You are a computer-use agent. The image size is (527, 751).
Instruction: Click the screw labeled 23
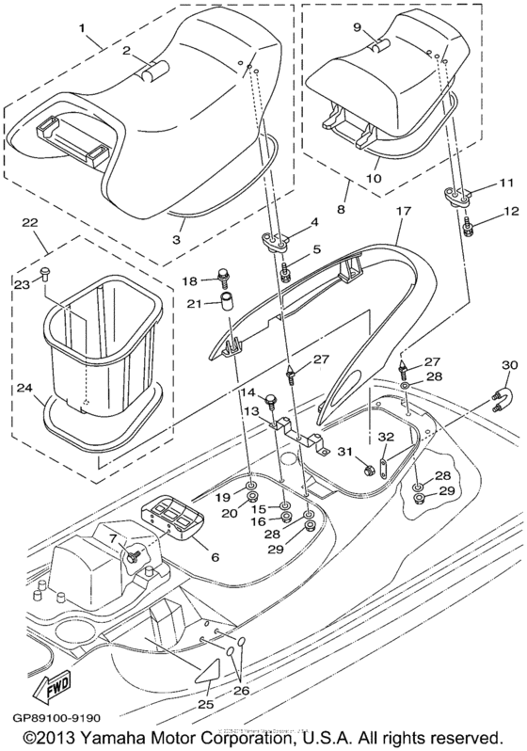[x=49, y=276]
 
